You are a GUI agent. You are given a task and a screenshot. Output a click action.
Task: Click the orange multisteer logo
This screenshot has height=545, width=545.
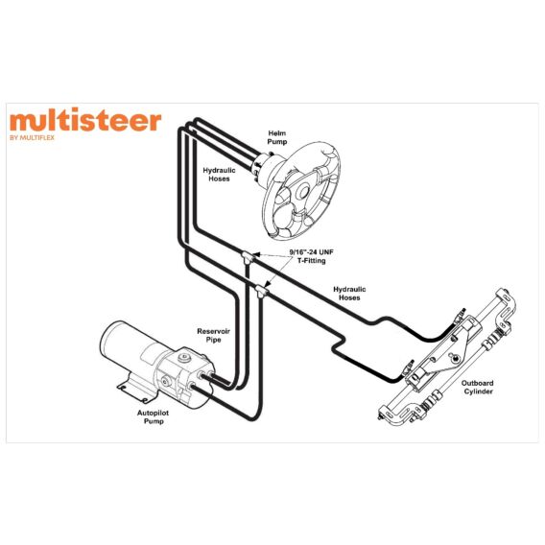[x=85, y=120]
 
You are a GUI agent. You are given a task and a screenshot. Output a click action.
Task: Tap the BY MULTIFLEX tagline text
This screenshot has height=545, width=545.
[x=32, y=137]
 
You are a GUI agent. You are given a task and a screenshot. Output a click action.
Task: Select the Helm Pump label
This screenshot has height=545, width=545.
[x=277, y=137]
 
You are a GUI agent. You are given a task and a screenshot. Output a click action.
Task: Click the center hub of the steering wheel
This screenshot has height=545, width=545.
[x=303, y=191]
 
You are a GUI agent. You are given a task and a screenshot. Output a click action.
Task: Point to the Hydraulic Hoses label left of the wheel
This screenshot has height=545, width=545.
[x=219, y=175]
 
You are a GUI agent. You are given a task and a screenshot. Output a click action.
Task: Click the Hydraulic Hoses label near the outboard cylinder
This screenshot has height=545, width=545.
[x=349, y=294]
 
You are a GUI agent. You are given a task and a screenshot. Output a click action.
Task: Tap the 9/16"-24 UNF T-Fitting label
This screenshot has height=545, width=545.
[x=312, y=256]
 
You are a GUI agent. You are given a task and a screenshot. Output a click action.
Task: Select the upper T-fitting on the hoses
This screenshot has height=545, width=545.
[x=249, y=257]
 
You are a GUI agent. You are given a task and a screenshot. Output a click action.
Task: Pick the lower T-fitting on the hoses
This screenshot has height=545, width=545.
[x=262, y=290]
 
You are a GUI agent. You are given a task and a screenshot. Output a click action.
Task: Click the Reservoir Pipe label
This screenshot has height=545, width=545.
[x=213, y=336]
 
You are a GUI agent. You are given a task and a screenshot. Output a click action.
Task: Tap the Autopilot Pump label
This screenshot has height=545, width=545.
[x=153, y=417]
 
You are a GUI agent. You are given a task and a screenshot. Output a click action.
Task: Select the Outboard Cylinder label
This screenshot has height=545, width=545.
[x=477, y=388]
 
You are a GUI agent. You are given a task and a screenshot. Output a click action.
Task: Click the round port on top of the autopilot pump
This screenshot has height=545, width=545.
[x=184, y=358]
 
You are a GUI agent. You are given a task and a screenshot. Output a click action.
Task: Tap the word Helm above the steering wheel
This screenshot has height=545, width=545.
[x=277, y=133]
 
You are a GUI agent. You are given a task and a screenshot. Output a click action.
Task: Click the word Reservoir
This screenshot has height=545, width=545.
[x=213, y=331]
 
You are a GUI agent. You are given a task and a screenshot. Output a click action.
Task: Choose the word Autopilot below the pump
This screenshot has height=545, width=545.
[x=153, y=413]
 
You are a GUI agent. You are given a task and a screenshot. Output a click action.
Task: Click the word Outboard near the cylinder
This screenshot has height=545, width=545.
[x=477, y=383]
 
